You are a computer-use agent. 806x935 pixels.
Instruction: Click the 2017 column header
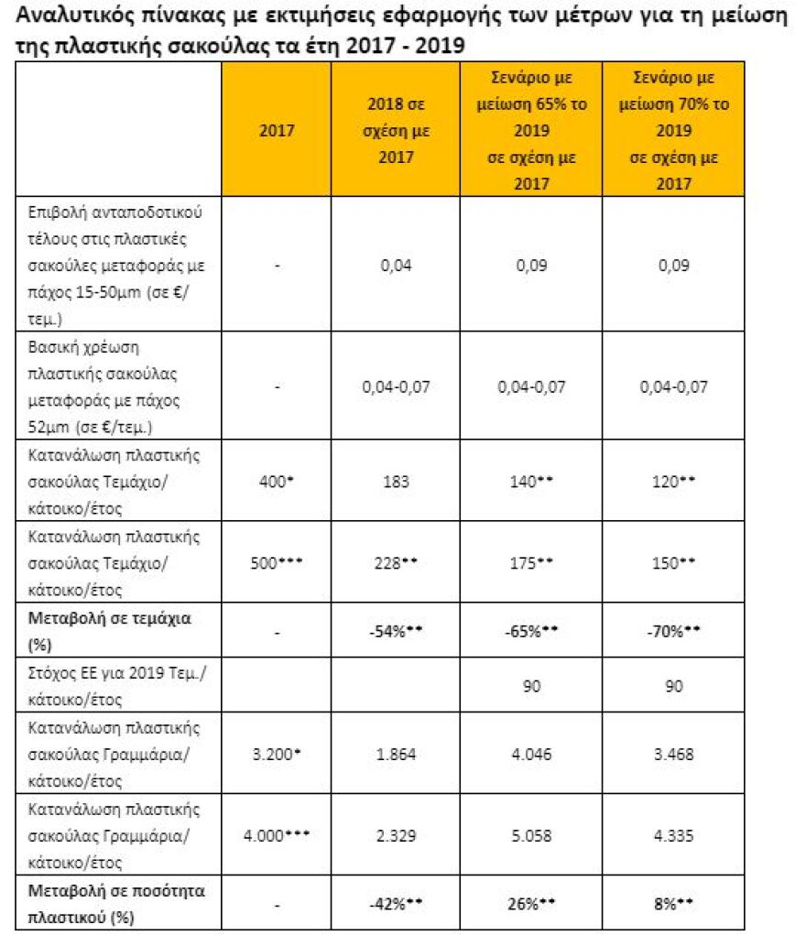click(277, 130)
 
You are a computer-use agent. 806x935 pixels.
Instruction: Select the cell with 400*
click(277, 482)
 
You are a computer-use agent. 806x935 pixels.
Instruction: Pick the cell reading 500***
click(277, 563)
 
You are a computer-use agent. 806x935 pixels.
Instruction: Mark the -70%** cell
click(673, 632)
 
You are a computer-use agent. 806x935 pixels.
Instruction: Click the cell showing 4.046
click(531, 755)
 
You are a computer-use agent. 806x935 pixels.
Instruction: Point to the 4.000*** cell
click(277, 836)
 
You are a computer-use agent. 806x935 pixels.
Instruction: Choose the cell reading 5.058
click(531, 836)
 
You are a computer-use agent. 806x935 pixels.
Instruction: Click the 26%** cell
click(531, 904)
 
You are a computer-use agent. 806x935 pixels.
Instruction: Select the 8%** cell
click(673, 904)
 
